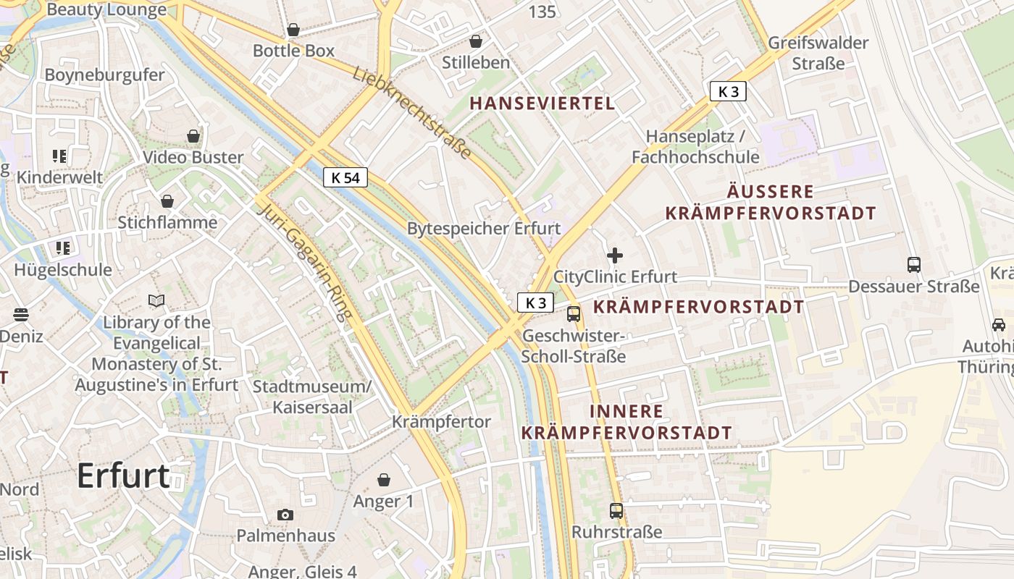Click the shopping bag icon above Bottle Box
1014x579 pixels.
[293, 30]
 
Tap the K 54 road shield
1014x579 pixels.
[345, 177]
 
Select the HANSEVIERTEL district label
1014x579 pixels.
[542, 103]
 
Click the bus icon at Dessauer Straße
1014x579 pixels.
[914, 265]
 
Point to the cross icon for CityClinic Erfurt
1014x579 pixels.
[615, 255]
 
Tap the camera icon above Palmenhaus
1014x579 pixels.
[285, 515]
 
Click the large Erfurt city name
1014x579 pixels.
[123, 476]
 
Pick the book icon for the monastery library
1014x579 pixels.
[156, 300]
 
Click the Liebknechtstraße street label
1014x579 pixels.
[413, 113]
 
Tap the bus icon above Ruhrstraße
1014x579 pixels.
[616, 511]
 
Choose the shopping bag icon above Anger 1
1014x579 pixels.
[384, 480]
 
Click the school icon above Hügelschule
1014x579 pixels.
[63, 248]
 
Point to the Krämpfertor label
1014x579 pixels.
[441, 421]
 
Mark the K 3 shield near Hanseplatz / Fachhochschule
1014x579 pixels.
[728, 91]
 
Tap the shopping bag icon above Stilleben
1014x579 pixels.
[476, 41]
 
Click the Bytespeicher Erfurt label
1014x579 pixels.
[484, 229]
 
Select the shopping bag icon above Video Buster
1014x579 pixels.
[193, 136]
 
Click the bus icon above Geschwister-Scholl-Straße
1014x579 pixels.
[574, 314]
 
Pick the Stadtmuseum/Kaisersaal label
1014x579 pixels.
[312, 397]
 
